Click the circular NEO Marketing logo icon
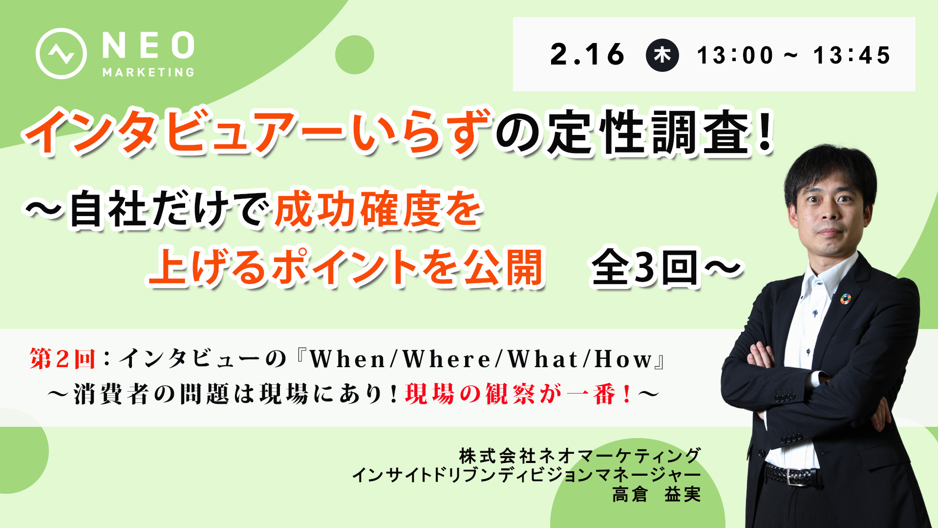point(61,53)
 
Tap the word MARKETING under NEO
point(149,72)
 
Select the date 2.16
point(587,54)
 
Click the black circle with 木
point(662,55)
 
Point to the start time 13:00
point(735,55)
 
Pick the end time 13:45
point(852,55)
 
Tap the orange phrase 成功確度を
point(379,210)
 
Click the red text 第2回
point(63,359)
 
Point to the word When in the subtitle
point(348,360)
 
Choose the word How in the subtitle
point(623,360)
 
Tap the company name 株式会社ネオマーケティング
point(580,456)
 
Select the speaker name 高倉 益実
point(657,494)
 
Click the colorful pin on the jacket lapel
point(845,299)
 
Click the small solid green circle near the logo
point(355,55)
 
